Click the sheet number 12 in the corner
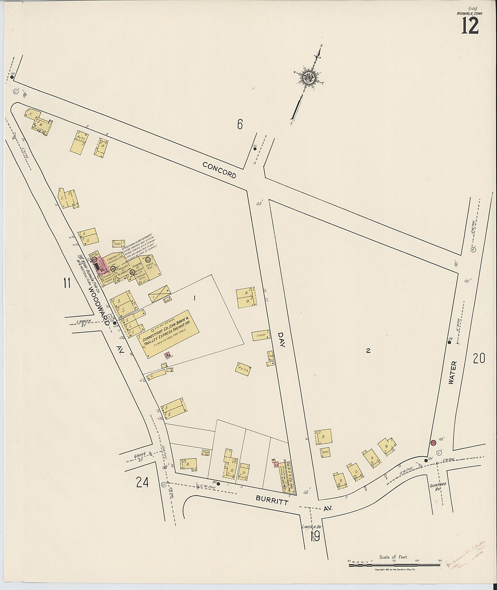click(x=470, y=26)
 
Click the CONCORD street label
click(x=219, y=170)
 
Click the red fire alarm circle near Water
click(x=433, y=443)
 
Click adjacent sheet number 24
click(x=142, y=483)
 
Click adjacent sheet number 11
click(x=66, y=283)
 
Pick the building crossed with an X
click(x=160, y=294)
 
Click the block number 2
click(x=368, y=350)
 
